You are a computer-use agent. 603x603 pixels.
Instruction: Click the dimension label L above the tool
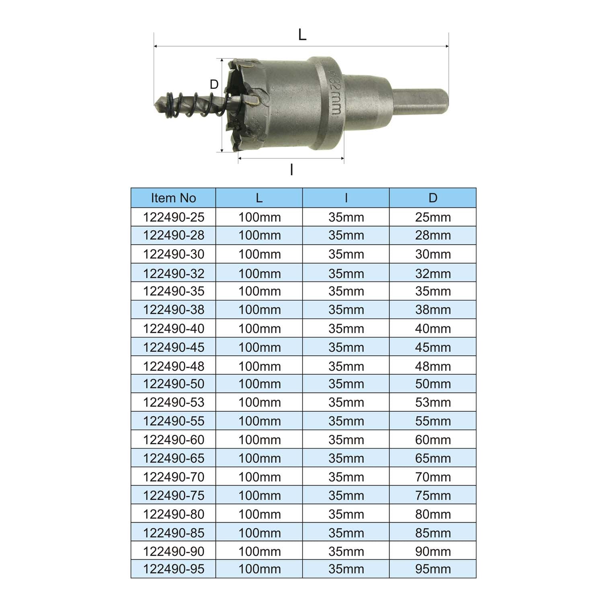302,35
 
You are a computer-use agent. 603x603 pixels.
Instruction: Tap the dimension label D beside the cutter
214,84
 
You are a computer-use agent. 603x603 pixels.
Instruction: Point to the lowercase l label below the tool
291,170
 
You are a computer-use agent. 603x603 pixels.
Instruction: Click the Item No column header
173,198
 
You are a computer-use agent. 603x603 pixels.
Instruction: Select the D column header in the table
433,198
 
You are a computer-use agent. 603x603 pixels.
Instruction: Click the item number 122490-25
174,217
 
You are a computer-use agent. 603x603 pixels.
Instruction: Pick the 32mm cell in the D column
433,273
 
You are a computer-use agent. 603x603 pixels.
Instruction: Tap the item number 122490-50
174,384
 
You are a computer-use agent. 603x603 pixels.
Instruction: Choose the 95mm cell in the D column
433,569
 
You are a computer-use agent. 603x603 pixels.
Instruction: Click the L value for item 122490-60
259,439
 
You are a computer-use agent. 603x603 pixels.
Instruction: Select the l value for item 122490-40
346,328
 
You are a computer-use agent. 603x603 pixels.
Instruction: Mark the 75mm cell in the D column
433,495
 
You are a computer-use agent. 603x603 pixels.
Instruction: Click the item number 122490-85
174,533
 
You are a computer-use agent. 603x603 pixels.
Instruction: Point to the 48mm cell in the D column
433,366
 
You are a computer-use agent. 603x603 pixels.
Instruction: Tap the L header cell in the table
259,198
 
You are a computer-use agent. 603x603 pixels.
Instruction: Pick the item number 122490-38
174,310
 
